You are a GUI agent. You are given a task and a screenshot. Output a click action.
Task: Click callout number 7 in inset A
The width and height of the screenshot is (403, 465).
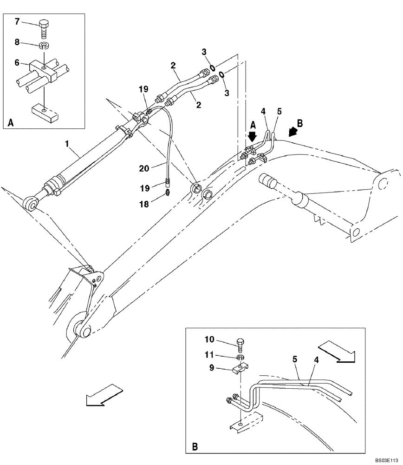[x=17, y=21]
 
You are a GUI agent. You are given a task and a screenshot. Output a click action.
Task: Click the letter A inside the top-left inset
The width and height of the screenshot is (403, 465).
[x=10, y=123]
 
